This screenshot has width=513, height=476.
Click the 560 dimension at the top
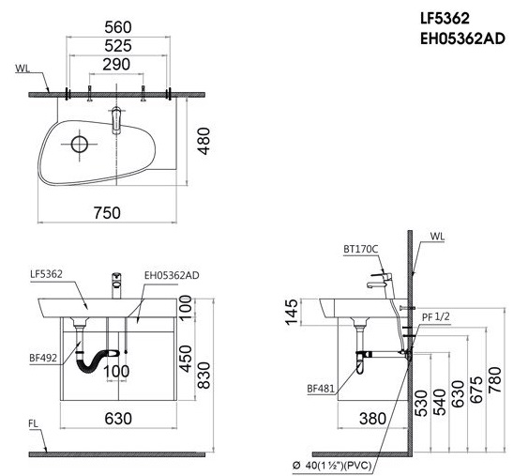[118, 27]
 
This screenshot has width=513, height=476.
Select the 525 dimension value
[118, 46]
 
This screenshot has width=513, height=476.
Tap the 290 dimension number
[116, 65]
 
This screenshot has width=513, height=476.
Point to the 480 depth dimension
[204, 141]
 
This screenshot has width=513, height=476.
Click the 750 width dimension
[107, 213]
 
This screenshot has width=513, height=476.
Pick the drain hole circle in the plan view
[80, 145]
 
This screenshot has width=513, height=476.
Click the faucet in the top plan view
[116, 120]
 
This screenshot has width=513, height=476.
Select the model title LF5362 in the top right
[445, 19]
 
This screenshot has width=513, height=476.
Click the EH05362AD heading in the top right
[462, 39]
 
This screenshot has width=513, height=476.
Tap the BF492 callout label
[43, 358]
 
